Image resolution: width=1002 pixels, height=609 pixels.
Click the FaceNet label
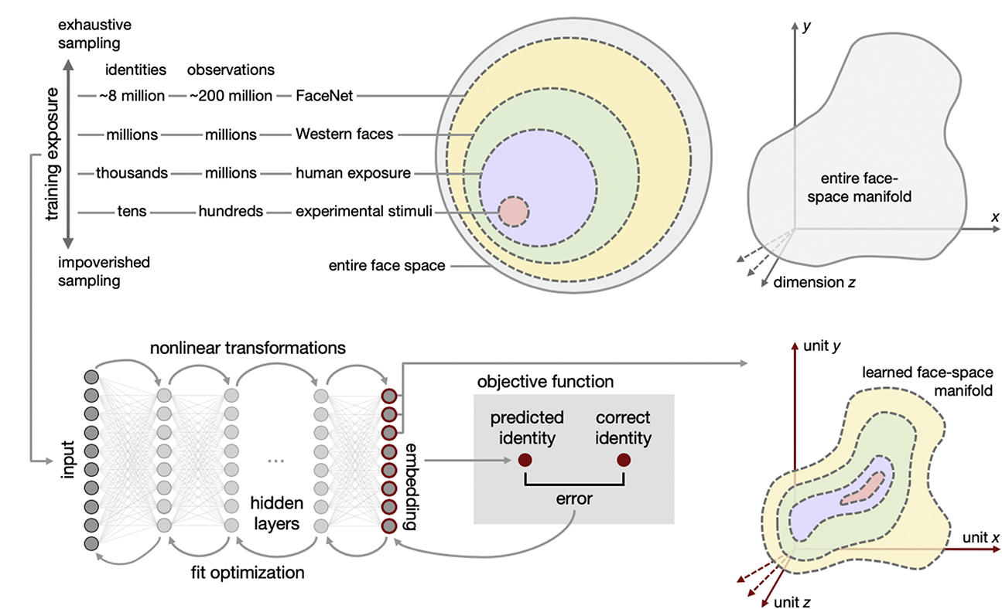[x=325, y=96]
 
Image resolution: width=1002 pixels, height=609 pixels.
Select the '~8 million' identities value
[x=131, y=96]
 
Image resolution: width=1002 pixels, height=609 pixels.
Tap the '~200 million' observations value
[x=231, y=96]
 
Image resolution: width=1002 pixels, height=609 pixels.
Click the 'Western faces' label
[x=344, y=134]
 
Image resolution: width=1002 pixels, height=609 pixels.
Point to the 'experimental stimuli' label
[x=364, y=211]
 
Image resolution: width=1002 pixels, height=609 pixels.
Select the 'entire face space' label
[x=385, y=266]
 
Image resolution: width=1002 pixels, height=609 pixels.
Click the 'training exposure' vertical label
[x=53, y=154]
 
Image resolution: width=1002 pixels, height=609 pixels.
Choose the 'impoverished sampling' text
[x=104, y=271]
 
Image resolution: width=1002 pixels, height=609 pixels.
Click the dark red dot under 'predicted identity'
[x=525, y=461]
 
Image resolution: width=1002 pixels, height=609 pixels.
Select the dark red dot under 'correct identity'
[x=623, y=461]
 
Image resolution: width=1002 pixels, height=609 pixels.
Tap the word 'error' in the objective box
[x=573, y=498]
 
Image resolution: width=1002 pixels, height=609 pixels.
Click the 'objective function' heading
[x=545, y=382]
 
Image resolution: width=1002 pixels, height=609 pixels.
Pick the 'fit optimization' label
[x=248, y=573]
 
